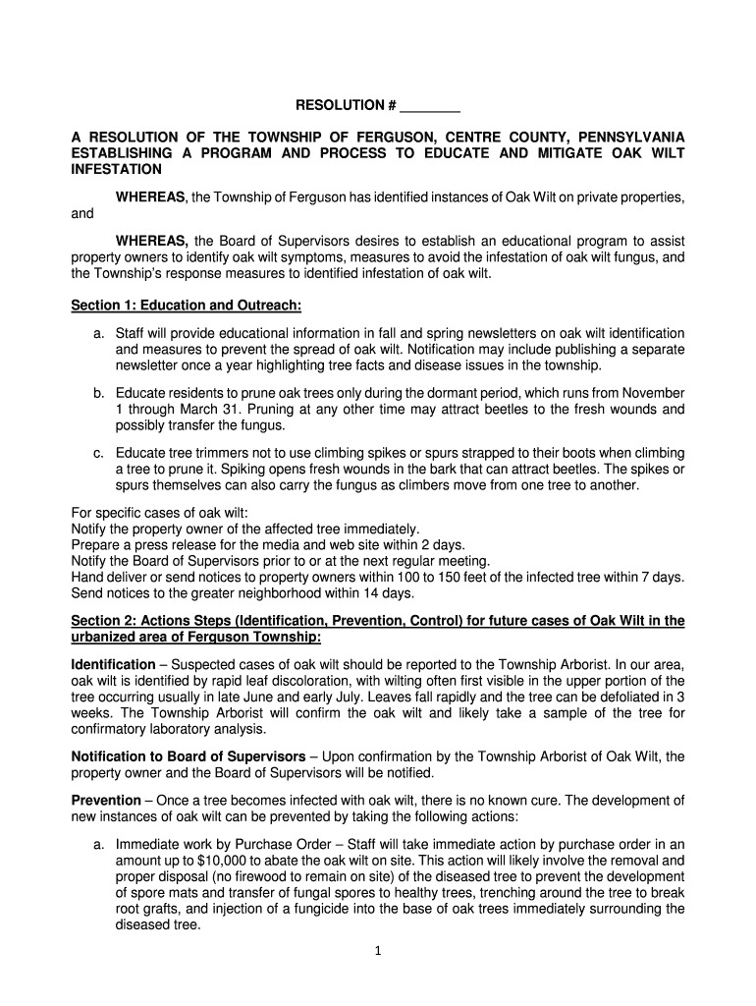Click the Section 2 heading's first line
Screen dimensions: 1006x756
tap(378, 621)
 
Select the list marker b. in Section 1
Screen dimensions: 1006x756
tap(99, 393)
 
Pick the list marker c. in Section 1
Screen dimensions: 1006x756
tap(99, 453)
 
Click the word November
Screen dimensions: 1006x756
tap(652, 393)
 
